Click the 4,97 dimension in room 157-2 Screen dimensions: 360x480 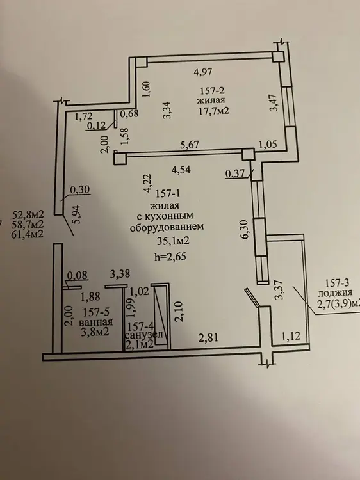(x=203, y=72)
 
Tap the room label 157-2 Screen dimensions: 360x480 (x=213, y=91)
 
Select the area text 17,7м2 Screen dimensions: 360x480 (x=214, y=110)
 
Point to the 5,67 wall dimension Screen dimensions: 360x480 (x=190, y=144)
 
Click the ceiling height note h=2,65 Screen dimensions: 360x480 (x=170, y=256)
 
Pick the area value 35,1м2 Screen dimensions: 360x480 (x=173, y=241)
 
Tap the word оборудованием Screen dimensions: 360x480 (x=167, y=227)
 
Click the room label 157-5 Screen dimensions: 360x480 (x=96, y=312)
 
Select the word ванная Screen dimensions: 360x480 (x=95, y=322)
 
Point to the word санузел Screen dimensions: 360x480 (x=143, y=335)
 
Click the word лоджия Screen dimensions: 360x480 (x=335, y=292)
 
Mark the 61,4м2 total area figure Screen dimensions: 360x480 (x=28, y=234)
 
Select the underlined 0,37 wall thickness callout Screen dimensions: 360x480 (x=235, y=174)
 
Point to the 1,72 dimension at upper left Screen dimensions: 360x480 (x=85, y=116)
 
